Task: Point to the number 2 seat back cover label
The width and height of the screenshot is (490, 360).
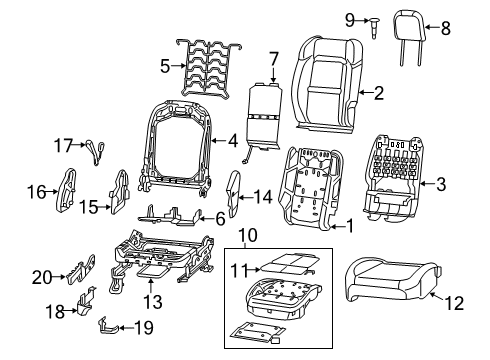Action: click(x=378, y=93)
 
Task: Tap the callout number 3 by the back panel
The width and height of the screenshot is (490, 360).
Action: click(x=441, y=182)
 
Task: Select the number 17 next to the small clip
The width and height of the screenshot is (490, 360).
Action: click(x=62, y=145)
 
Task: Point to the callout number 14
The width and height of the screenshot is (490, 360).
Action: click(x=264, y=196)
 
